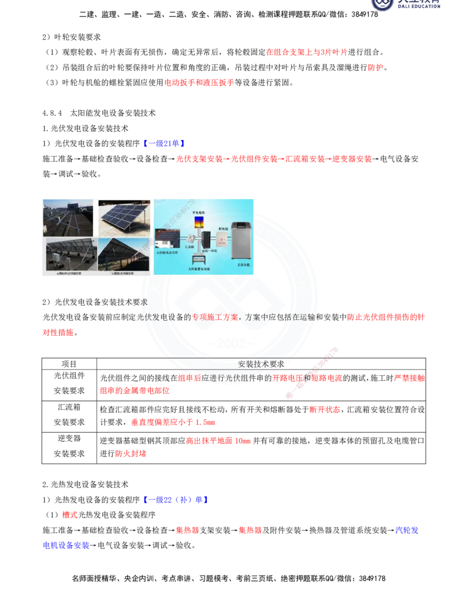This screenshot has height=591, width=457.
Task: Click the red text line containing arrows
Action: pos(273,159)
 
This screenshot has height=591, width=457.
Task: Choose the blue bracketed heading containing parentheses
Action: pos(175,500)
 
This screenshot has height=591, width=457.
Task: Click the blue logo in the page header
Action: pos(406,5)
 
